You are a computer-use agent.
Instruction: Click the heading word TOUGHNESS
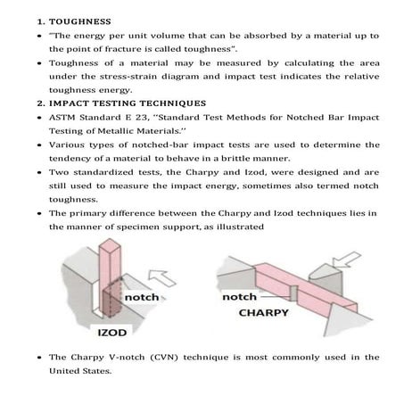pos(80,21)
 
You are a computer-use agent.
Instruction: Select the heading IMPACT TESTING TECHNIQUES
pos(128,103)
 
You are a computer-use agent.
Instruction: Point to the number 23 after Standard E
pos(141,118)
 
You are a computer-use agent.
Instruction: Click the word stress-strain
pos(128,77)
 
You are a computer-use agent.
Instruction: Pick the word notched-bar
pos(160,145)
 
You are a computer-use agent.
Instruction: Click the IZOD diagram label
pos(112,333)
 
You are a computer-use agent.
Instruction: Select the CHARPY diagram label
pos(264,313)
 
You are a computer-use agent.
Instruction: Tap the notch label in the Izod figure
pos(142,297)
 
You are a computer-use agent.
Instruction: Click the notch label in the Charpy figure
pos(239,297)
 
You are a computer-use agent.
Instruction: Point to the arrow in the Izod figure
pos(161,277)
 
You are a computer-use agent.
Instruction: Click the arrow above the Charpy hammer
pos(346,260)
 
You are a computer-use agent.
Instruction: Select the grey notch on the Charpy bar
pos(294,293)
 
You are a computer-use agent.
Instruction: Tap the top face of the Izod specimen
pos(110,246)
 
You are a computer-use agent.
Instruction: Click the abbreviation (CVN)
pos(164,358)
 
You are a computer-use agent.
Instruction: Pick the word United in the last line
pos(62,371)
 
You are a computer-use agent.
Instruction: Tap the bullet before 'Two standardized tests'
pos(39,172)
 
